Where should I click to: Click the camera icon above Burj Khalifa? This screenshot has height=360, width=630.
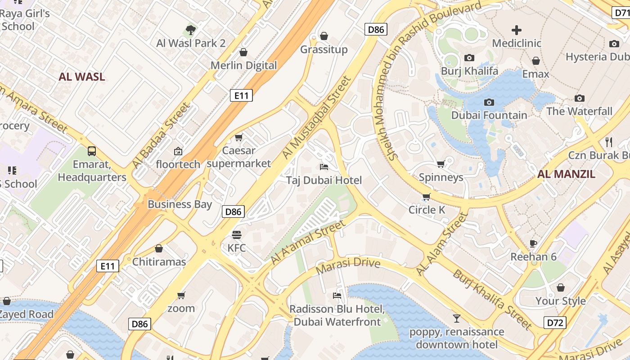coord(469,58)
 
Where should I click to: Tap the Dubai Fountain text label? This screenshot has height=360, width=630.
coord(489,115)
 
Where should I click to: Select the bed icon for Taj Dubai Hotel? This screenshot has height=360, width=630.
coord(324,167)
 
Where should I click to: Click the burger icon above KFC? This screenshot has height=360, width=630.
coord(237,234)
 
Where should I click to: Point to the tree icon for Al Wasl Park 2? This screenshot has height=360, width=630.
coord(191,30)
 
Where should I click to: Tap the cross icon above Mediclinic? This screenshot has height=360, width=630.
coord(517,30)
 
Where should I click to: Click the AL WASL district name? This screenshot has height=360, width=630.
coord(81,76)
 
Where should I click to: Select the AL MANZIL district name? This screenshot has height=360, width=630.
coord(566,174)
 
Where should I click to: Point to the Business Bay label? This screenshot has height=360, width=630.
coord(180,204)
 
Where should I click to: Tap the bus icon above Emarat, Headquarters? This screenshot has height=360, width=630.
coord(92,151)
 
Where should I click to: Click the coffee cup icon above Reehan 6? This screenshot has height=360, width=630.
coord(533,243)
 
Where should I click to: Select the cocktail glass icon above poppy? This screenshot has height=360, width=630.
coord(457,319)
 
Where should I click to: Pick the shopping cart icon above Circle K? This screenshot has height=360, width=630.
coord(426,197)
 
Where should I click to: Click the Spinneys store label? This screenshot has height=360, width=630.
coord(441,177)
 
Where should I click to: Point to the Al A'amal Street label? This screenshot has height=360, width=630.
coord(309,242)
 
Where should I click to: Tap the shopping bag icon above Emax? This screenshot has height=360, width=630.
coord(535,61)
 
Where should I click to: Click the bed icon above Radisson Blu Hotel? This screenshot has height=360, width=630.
coord(337,296)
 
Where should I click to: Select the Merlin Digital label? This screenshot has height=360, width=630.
coord(244,65)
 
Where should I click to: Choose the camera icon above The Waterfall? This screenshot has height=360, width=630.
coord(580,98)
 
